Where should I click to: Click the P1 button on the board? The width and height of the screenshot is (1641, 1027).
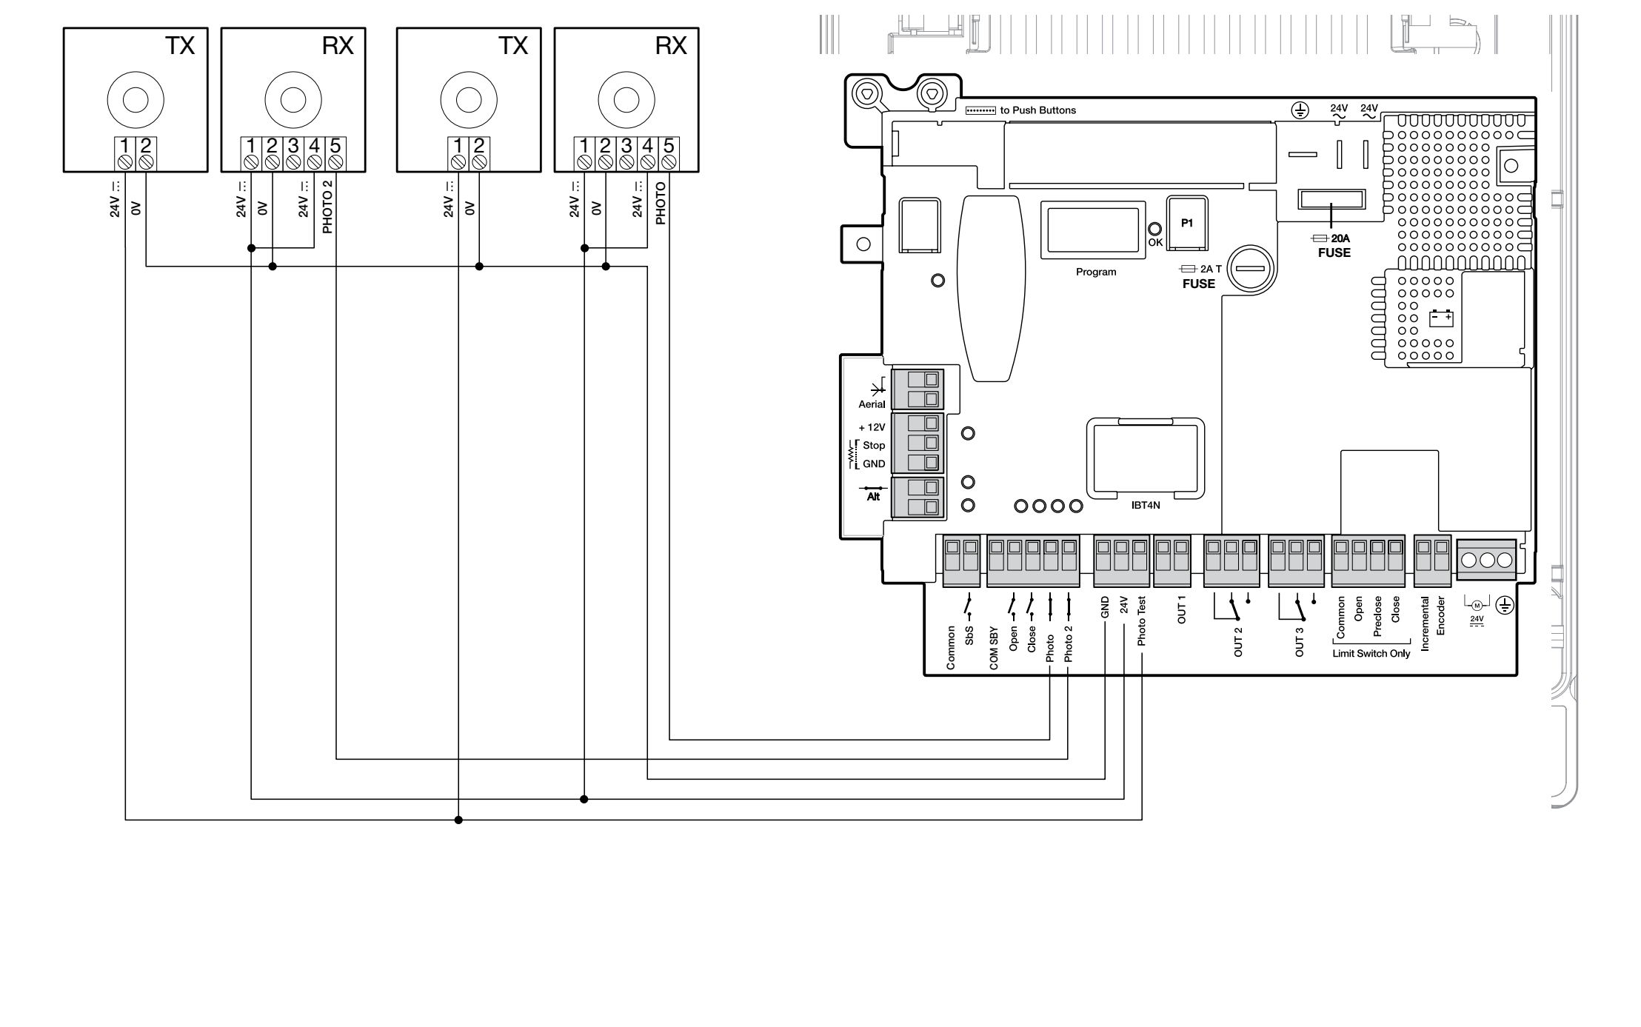click(1187, 223)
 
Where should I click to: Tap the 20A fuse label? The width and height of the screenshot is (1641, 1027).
click(1340, 238)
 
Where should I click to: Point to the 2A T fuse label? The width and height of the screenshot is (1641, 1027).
click(1211, 269)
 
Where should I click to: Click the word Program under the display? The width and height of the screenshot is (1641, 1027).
click(1096, 272)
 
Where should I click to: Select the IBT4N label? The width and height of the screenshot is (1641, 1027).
click(1146, 506)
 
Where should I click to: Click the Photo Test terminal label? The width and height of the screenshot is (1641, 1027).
click(1141, 621)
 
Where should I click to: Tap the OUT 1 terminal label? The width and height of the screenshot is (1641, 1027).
click(1182, 609)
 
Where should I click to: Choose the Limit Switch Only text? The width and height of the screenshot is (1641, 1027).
click(1371, 654)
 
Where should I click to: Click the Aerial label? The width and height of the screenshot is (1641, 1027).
click(872, 404)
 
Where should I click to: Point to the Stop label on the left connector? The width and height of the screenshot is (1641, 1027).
click(874, 445)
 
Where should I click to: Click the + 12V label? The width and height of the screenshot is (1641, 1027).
click(872, 427)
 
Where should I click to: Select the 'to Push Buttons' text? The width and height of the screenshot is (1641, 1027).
click(1038, 110)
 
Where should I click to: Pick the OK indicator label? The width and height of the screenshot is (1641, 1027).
click(1155, 242)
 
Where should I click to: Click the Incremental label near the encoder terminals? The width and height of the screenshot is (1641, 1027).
click(1425, 623)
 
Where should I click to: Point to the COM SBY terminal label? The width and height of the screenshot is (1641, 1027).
click(994, 649)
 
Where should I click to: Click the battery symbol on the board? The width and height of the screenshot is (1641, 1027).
click(1441, 318)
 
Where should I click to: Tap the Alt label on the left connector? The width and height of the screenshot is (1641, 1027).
click(873, 497)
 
